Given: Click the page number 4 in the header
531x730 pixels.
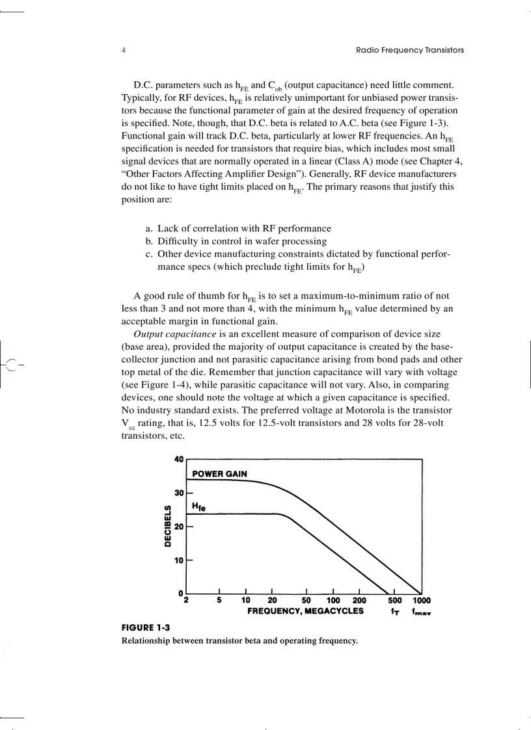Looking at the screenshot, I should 124,50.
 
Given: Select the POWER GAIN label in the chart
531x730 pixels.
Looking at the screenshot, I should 219,473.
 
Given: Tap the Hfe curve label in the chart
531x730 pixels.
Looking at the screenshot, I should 198,506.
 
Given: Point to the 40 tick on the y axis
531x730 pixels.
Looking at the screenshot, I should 179,460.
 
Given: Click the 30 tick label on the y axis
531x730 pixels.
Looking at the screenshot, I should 179,493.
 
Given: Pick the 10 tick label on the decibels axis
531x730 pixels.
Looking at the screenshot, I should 179,560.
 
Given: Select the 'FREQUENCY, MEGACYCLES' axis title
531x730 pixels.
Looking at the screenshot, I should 305,611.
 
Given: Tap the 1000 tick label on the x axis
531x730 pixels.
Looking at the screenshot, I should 421,601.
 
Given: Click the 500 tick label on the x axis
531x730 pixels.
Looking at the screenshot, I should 394,601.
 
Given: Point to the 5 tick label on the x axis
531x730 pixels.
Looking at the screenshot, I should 219,601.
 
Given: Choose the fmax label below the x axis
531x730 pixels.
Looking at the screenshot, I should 422,612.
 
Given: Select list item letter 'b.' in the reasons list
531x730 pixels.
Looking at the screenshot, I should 149,241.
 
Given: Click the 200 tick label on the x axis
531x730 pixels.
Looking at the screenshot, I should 359,601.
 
